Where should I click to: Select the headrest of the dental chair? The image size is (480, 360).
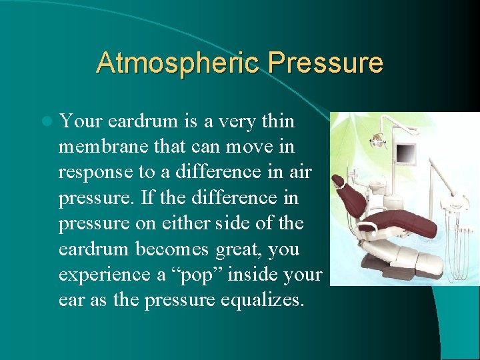pyautogui.click(x=339, y=181)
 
